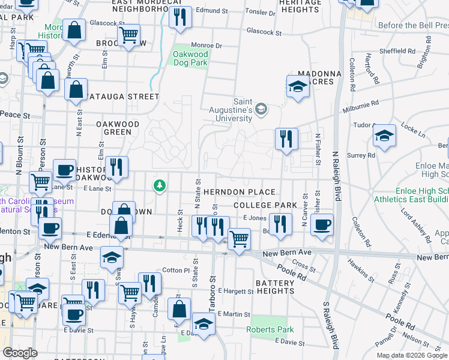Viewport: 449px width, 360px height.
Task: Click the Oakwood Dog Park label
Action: pos(190,58)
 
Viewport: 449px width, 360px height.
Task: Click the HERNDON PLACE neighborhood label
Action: pos(240,192)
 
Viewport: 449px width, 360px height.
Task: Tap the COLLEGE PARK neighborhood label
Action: pos(265,205)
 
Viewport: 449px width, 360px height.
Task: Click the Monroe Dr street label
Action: pos(206,46)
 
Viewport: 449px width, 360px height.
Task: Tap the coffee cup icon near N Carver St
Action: pos(322,225)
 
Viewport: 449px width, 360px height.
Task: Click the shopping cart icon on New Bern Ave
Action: pos(240,238)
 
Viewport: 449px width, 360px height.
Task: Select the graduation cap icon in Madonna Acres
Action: pos(297,86)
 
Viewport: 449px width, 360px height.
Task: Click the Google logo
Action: pos(20,353)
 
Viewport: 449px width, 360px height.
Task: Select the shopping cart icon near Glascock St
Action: pos(128,35)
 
